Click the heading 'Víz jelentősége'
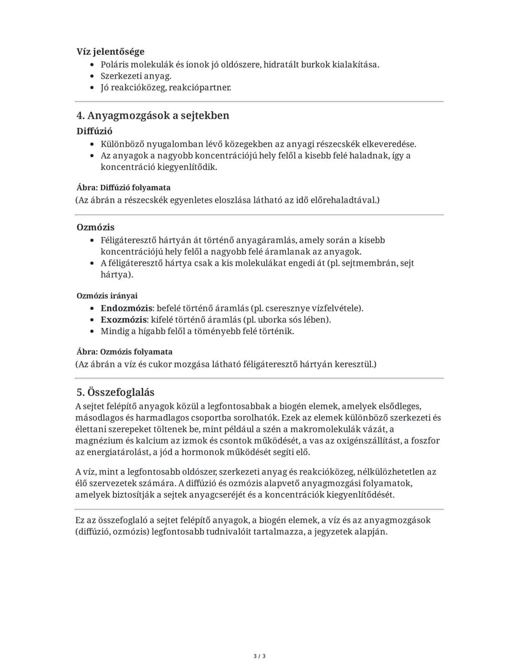coord(110,51)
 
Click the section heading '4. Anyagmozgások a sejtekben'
coord(153,115)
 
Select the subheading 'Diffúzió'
coord(94,131)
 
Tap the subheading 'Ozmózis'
coord(95,227)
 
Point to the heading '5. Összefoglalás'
coord(115,392)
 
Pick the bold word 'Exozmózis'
coord(124,319)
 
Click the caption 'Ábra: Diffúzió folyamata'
coord(123,188)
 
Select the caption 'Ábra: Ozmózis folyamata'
coord(124,352)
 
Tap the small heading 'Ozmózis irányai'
coord(107,296)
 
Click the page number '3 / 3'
coord(259,656)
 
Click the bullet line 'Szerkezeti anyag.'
coord(136,76)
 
